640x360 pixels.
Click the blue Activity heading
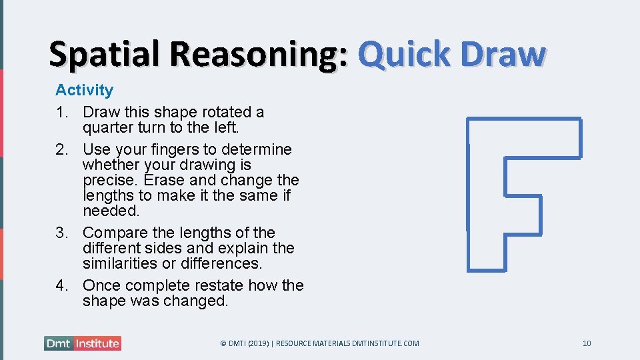point(84,90)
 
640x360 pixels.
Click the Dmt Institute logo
point(83,343)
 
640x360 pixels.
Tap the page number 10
point(587,343)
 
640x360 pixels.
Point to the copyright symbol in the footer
point(223,343)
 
